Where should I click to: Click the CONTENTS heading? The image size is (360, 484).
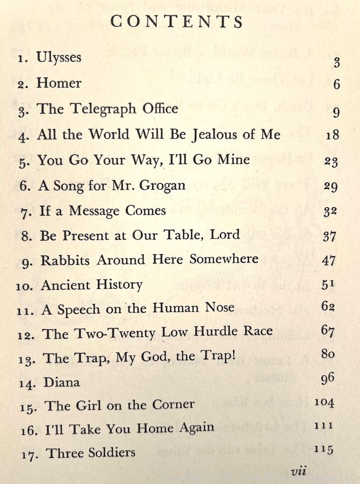[x=177, y=22]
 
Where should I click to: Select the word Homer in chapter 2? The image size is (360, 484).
[x=59, y=83]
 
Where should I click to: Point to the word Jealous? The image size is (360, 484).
[x=220, y=134]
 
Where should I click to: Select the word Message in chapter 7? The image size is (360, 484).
[x=93, y=211]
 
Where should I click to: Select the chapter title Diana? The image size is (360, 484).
[x=62, y=382]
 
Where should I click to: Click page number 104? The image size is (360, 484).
[x=325, y=403]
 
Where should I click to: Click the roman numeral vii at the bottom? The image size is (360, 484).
[x=298, y=472]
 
